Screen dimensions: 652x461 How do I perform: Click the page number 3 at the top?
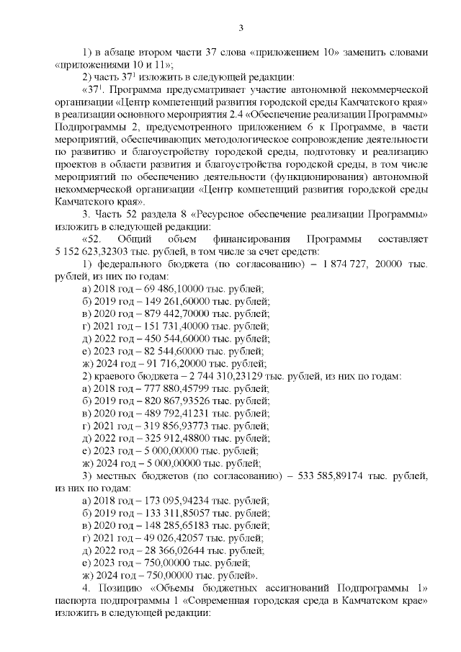pyautogui.click(x=241, y=28)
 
